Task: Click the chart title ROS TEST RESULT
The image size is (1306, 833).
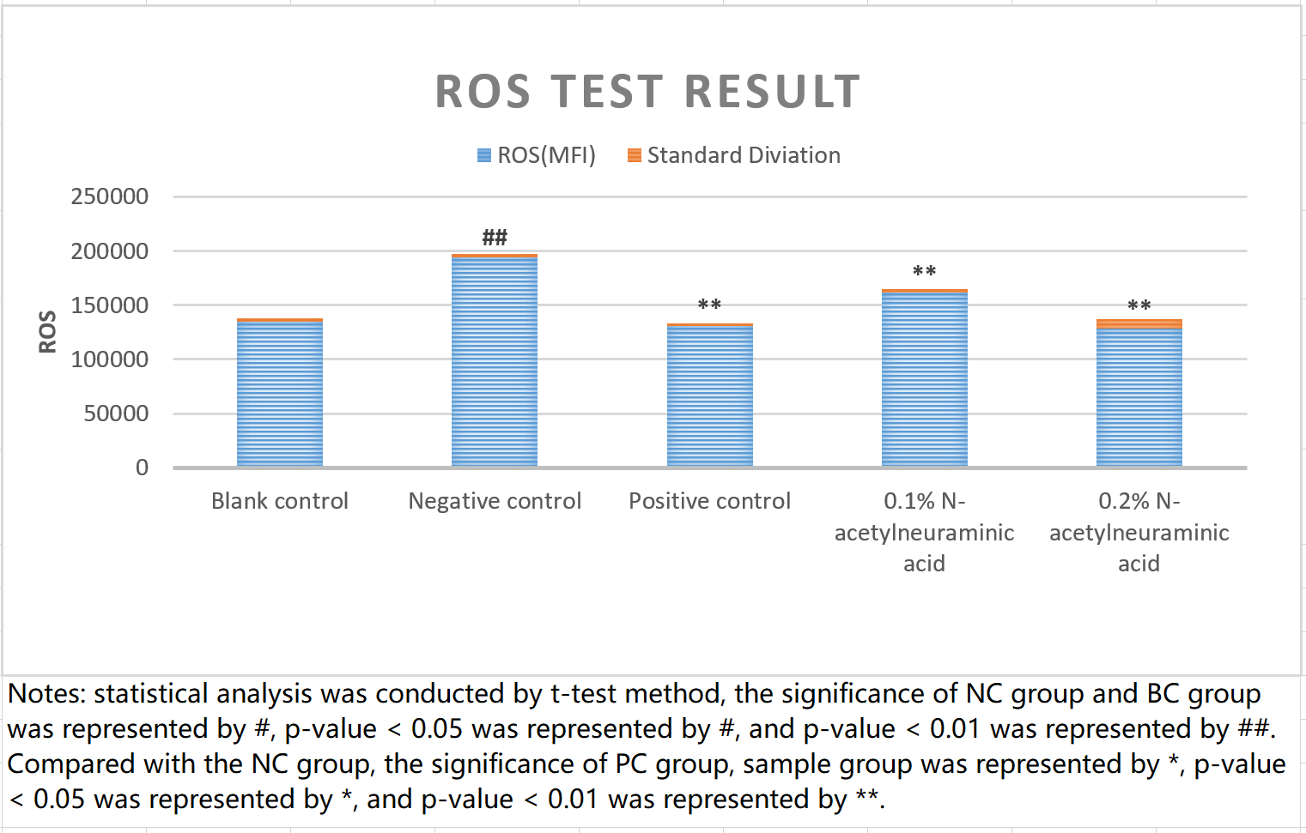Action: click(x=647, y=92)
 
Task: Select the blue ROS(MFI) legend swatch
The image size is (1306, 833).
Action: click(x=484, y=155)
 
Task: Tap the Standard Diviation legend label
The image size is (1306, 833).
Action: click(x=743, y=155)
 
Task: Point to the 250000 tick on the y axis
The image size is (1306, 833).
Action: click(x=110, y=196)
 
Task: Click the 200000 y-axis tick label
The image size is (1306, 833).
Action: click(x=110, y=251)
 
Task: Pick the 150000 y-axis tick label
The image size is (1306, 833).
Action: click(x=110, y=305)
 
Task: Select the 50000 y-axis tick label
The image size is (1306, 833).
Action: click(x=116, y=413)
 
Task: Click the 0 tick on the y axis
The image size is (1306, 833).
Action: click(x=142, y=468)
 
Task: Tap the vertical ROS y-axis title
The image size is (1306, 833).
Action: click(x=47, y=331)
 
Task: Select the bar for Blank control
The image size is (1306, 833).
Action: click(x=280, y=395)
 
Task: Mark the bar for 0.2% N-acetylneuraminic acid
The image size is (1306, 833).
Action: click(x=1139, y=395)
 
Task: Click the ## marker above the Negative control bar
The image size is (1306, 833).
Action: click(x=495, y=237)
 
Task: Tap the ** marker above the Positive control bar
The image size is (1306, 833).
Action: click(x=709, y=305)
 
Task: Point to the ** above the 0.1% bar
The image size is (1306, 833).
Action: click(x=924, y=272)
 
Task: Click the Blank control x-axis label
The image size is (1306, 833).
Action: click(x=280, y=501)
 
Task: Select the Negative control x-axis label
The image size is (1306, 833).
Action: click(x=495, y=501)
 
